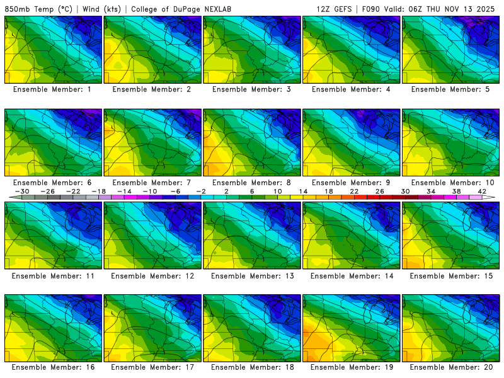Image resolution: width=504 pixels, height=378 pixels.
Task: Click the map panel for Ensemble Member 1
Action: pyautogui.click(x=53, y=50)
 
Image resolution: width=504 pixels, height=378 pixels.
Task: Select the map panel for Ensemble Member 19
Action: pyautogui.click(x=352, y=328)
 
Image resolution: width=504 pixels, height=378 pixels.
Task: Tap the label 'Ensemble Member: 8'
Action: pyautogui.click(x=252, y=182)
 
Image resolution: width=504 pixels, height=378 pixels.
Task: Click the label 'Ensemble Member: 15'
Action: pyautogui.click(x=450, y=275)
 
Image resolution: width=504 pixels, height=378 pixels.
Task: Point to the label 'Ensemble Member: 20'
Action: pyautogui.click(x=450, y=367)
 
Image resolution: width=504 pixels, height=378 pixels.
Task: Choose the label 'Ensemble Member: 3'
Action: pyautogui.click(x=252, y=89)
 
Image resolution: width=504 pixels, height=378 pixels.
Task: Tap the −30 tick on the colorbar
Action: pyautogui.click(x=22, y=191)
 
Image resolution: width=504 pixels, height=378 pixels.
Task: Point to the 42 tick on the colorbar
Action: pyautogui.click(x=482, y=191)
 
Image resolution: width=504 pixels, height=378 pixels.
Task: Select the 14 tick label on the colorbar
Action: pyautogui.click(x=303, y=191)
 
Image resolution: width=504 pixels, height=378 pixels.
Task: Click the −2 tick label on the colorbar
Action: pyautogui.click(x=201, y=191)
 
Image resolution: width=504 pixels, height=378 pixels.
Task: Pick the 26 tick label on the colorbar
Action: pyautogui.click(x=380, y=191)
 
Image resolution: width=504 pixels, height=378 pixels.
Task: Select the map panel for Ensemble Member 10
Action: pyautogui.click(x=450, y=142)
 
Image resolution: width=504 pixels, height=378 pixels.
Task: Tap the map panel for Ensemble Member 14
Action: pyautogui.click(x=352, y=235)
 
